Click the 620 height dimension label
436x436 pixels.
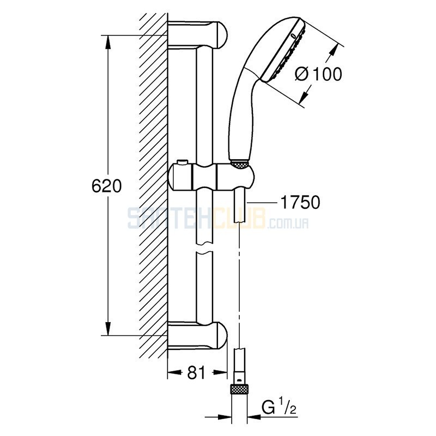(x=106, y=186)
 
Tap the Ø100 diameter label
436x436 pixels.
(x=318, y=74)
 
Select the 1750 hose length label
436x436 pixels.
(x=300, y=202)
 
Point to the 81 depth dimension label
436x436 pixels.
(x=196, y=373)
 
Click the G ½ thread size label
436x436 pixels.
(x=278, y=408)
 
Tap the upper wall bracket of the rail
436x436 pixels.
(x=197, y=35)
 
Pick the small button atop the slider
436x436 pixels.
(x=183, y=162)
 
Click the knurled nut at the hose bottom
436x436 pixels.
(x=239, y=389)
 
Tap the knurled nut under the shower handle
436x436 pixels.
(x=240, y=164)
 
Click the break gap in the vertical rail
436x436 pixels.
(x=204, y=249)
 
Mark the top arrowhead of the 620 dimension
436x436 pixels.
(x=108, y=42)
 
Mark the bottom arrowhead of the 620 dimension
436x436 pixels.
(x=108, y=329)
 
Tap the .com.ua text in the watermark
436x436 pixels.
(x=288, y=223)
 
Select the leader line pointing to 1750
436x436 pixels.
(x=261, y=202)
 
